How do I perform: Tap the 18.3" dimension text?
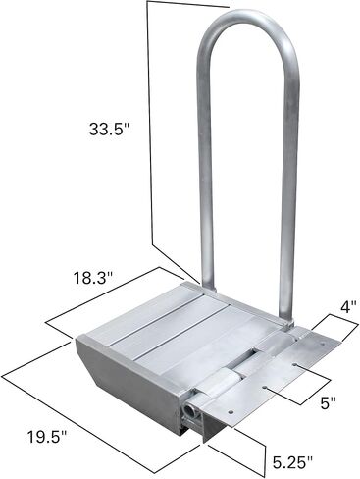point(93,278)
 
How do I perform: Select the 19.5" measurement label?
point(47,437)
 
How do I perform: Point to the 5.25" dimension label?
point(292,461)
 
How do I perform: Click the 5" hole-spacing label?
point(328,402)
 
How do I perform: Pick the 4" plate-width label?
point(348,308)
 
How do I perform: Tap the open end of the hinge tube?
point(190,410)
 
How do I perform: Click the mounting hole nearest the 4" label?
point(323,345)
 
